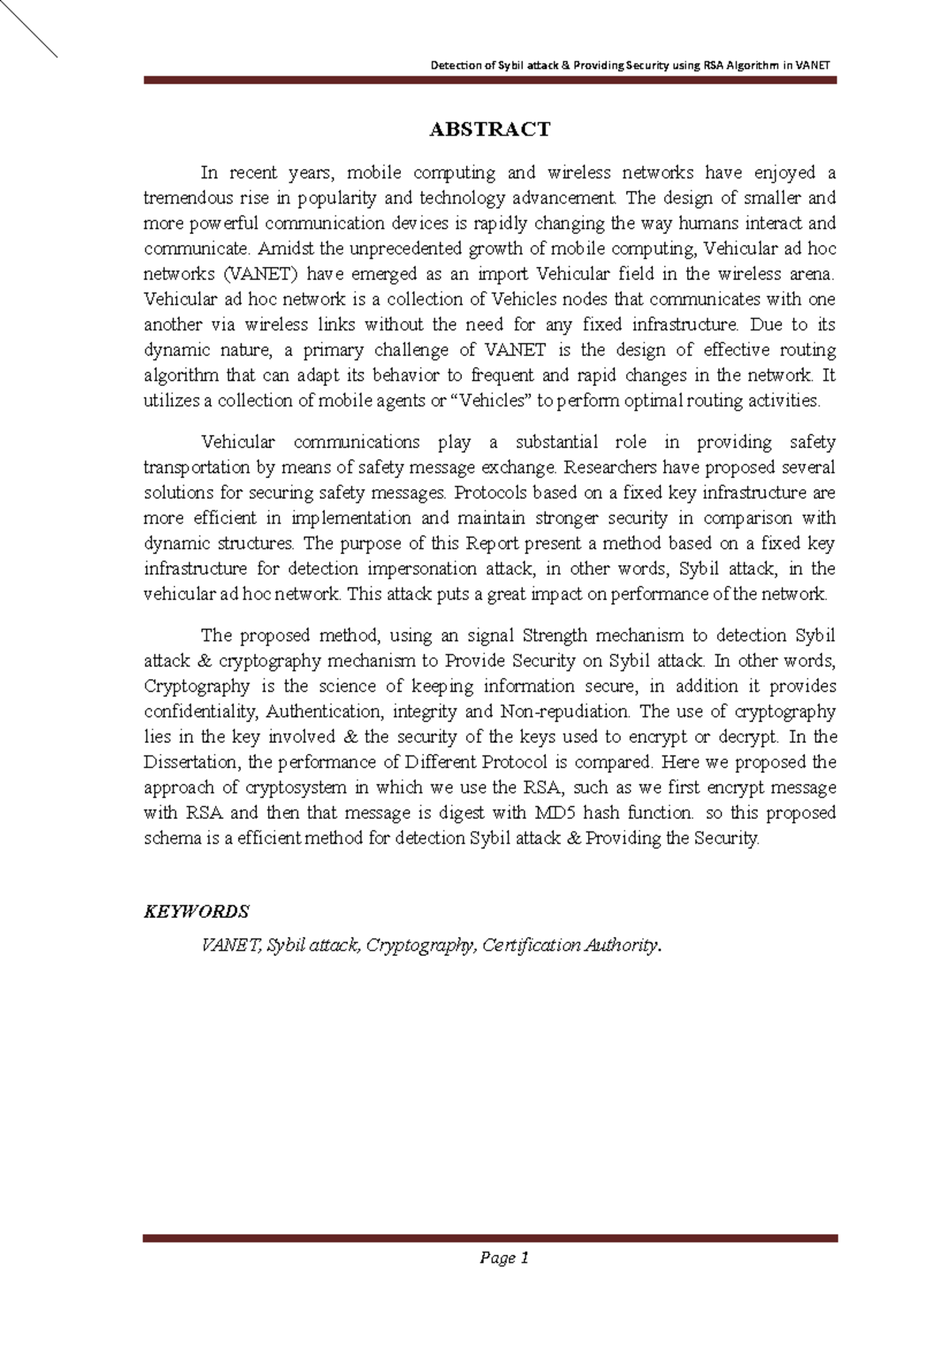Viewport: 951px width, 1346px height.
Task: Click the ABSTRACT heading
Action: pos(489,129)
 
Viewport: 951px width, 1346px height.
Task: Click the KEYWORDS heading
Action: pos(196,912)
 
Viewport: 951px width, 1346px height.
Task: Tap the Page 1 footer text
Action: pos(503,1258)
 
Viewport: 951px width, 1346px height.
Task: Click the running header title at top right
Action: pos(630,66)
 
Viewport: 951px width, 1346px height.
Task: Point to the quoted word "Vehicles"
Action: pos(491,401)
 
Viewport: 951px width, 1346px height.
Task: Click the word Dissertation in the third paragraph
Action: pos(190,763)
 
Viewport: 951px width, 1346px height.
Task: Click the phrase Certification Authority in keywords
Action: pos(570,946)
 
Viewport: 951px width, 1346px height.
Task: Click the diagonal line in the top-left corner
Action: pos(29,29)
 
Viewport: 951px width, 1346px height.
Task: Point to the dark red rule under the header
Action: pos(489,80)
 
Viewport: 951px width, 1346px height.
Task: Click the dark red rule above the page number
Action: pos(489,1237)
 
